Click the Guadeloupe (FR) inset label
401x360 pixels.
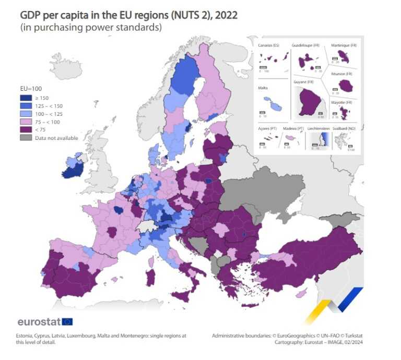click(x=305, y=46)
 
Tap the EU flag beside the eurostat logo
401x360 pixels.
click(x=67, y=321)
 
